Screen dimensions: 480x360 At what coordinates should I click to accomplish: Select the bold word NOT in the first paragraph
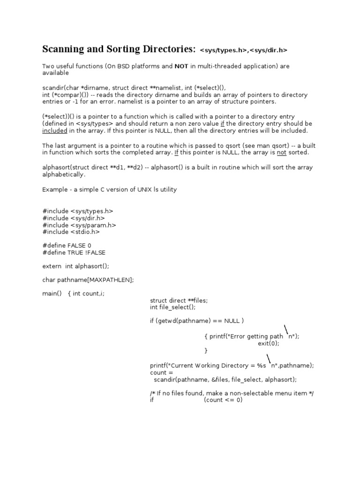pyautogui.click(x=181, y=67)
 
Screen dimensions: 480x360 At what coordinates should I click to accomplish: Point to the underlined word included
pyautogui.click(x=55, y=131)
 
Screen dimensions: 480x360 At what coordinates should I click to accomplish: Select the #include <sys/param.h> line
pyautogui.click(x=79, y=225)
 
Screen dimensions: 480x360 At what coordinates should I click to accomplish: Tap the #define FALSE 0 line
pyautogui.click(x=67, y=246)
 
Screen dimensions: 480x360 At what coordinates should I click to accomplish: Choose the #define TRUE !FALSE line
pyautogui.click(x=74, y=253)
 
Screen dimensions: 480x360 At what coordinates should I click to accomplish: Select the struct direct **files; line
pyautogui.click(x=178, y=300)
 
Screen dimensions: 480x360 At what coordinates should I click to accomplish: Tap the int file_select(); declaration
pyautogui.click(x=172, y=307)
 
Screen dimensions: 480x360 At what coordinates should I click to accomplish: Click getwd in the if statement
pyautogui.click(x=169, y=321)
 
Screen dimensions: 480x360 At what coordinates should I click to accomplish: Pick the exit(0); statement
pyautogui.click(x=269, y=343)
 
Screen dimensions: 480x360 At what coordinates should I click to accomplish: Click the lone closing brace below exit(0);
pyautogui.click(x=206, y=350)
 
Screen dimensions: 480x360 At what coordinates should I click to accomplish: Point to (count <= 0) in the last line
pyautogui.click(x=223, y=400)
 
